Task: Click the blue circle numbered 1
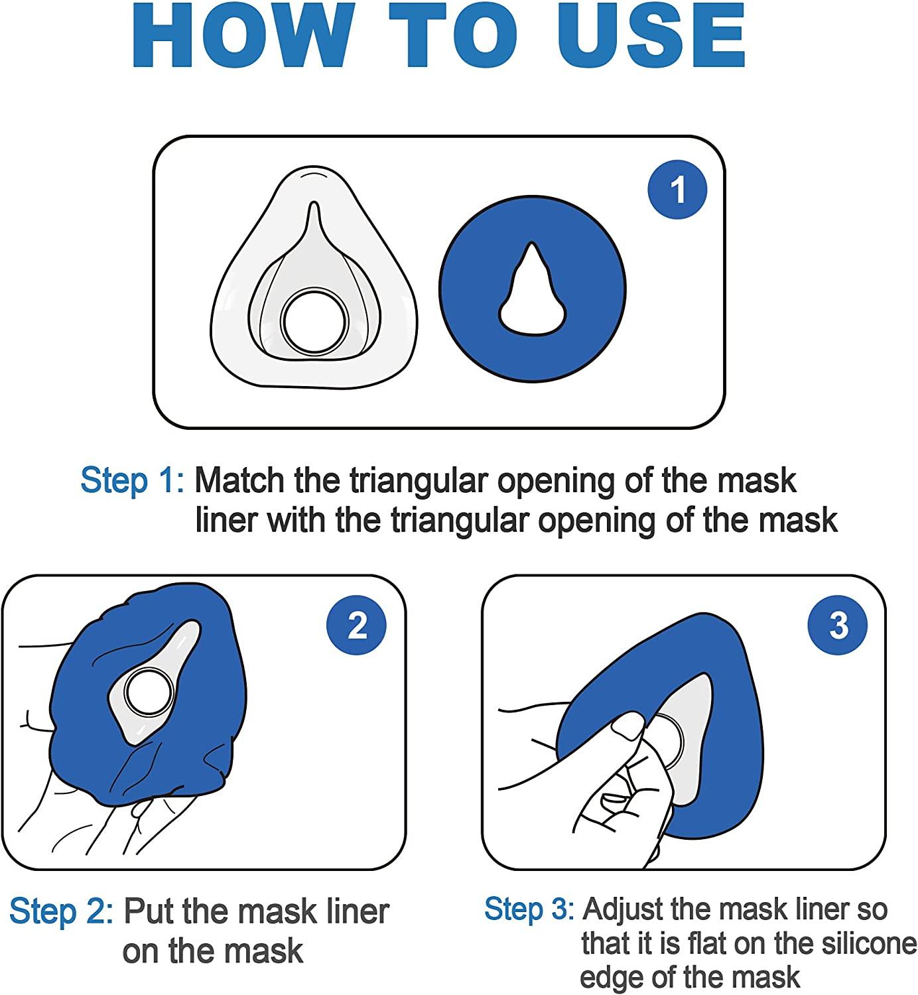677,189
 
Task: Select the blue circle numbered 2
357,625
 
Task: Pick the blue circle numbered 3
838,625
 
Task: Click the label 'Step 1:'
132,480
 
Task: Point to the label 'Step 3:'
529,909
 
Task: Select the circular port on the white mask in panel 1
314,321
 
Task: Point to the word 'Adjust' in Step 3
623,909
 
